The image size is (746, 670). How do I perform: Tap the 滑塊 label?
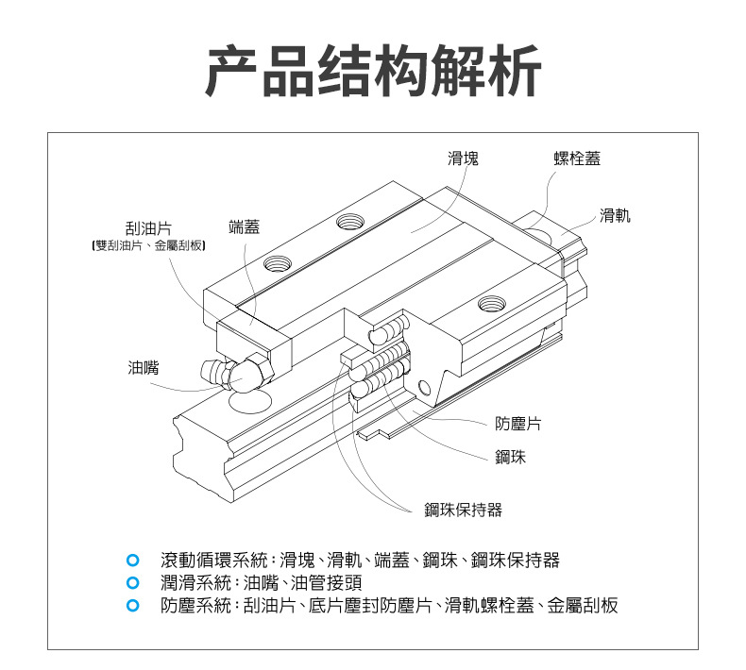point(463,159)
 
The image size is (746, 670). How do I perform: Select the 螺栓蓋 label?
point(577,159)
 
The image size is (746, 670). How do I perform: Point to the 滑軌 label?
point(615,216)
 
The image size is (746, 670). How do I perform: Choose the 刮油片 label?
point(148,228)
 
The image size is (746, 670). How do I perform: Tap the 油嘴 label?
point(144,367)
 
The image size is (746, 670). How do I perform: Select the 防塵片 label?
point(518,425)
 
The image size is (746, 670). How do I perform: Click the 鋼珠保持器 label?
point(463,511)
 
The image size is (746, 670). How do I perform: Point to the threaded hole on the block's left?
point(278,262)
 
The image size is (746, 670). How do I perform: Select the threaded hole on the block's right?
point(491,303)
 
